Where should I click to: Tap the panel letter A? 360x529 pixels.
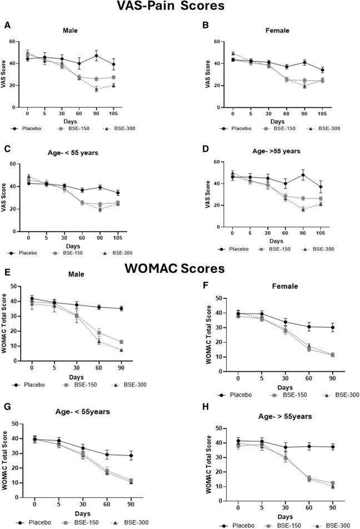[7, 26]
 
